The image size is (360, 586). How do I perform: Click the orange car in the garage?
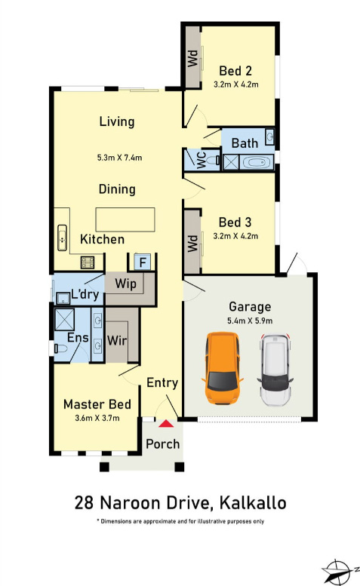pyautogui.click(x=223, y=368)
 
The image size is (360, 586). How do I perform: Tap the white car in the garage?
pyautogui.click(x=275, y=370)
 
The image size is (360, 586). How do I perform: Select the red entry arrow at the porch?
pyautogui.click(x=166, y=423)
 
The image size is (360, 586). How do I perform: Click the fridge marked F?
pyautogui.click(x=143, y=262)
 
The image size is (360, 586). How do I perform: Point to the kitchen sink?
pyautogui.click(x=62, y=238)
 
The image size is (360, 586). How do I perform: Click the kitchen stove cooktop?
pyautogui.click(x=88, y=262)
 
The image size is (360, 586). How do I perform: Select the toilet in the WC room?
pyautogui.click(x=214, y=161)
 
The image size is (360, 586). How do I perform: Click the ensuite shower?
pyautogui.click(x=64, y=320)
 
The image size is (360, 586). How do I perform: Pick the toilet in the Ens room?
pyautogui.click(x=60, y=348)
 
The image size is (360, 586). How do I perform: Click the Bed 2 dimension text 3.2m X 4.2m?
pyautogui.click(x=236, y=84)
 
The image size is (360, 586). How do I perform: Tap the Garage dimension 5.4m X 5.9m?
pyautogui.click(x=250, y=321)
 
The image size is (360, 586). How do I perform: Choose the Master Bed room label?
pyautogui.click(x=97, y=404)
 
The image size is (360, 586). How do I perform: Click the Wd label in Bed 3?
pyautogui.click(x=192, y=244)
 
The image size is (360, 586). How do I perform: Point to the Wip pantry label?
pyautogui.click(x=125, y=284)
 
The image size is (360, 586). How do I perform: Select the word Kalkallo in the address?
pyautogui.click(x=253, y=502)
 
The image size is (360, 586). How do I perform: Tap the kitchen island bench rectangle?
pyautogui.click(x=125, y=219)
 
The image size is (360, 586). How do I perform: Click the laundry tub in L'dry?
pyautogui.click(x=63, y=299)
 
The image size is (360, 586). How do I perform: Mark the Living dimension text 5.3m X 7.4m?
pyautogui.click(x=120, y=158)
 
